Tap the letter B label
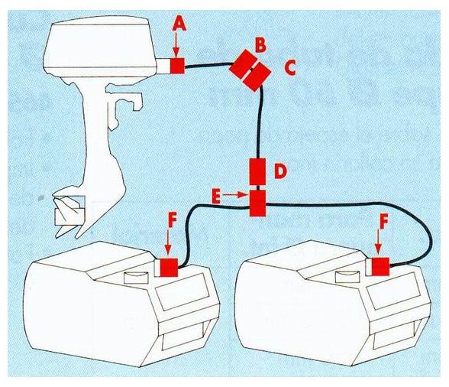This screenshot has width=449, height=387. [260, 46]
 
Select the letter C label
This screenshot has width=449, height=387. [289, 68]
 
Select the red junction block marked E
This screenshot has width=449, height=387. [257, 202]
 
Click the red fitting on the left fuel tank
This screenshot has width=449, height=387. [167, 268]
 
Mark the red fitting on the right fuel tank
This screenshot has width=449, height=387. [379, 266]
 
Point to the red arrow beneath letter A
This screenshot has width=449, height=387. [178, 45]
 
